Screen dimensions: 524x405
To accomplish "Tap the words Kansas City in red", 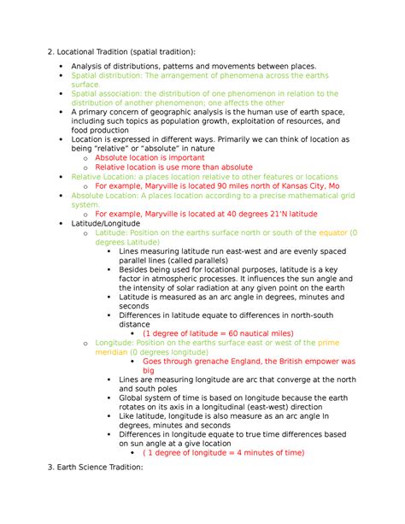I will (301, 185).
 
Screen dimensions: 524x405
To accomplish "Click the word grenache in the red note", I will (196, 362).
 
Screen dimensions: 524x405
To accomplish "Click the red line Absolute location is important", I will (150, 157).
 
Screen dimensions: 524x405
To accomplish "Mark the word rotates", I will (135, 407).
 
